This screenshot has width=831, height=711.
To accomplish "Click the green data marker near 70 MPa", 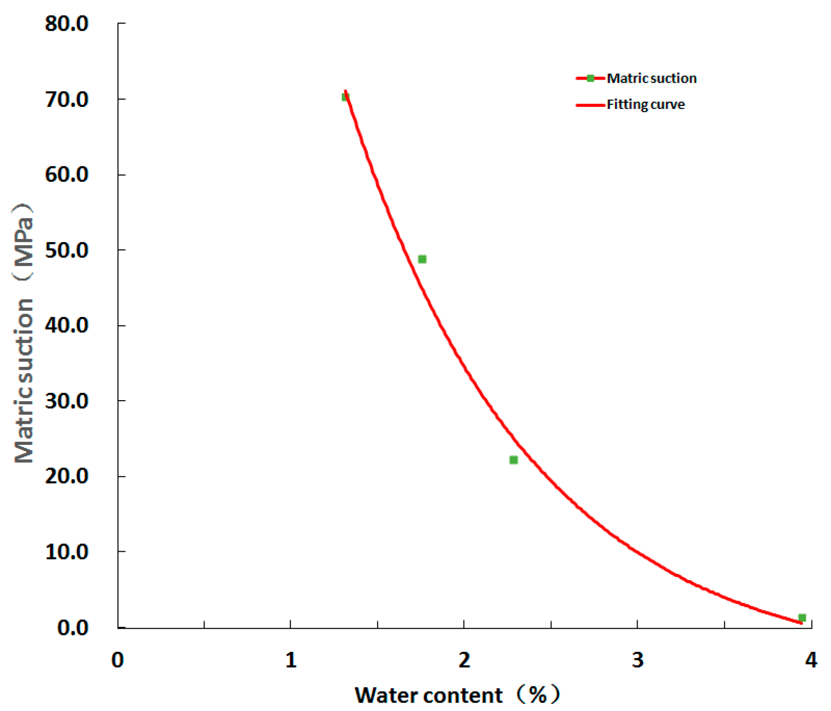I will [x=345, y=97].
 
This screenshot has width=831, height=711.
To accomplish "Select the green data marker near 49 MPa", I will [x=422, y=259].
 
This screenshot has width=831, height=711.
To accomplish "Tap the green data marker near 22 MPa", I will [x=513, y=460].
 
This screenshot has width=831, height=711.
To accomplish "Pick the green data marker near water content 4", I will [x=802, y=618].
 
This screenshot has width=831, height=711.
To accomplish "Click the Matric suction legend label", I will [x=651, y=79].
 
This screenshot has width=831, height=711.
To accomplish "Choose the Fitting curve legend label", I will [x=645, y=105].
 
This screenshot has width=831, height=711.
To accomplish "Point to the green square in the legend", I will [x=590, y=79].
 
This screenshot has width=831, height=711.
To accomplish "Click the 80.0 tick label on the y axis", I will [x=67, y=24].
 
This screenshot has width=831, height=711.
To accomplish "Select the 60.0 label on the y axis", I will [x=67, y=175].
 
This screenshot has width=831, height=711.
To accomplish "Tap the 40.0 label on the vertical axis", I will [x=67, y=325].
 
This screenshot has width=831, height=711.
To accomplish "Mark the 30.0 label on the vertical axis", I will [x=67, y=401].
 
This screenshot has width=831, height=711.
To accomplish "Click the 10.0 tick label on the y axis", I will [x=67, y=552].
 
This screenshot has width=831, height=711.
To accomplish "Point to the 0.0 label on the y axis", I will [x=72, y=627].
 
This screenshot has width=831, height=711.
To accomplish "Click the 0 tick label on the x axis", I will [x=118, y=660].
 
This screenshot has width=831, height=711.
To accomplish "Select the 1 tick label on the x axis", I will [x=291, y=660].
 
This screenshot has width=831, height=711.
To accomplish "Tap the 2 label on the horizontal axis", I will [x=464, y=660].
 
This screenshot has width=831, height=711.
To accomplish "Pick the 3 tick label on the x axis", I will [x=637, y=660].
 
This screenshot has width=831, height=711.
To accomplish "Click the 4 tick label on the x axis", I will [x=811, y=660].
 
